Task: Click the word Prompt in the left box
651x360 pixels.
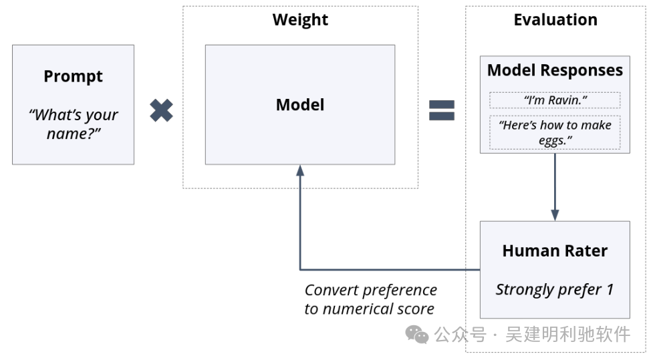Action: (x=73, y=77)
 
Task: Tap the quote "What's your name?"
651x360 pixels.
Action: (x=74, y=124)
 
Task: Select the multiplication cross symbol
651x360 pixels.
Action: (x=162, y=110)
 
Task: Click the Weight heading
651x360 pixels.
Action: (x=300, y=20)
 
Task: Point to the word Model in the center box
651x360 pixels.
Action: (x=300, y=104)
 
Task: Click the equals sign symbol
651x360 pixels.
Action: (x=442, y=110)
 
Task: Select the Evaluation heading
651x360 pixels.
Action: (x=555, y=20)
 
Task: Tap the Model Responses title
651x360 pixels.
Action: (x=555, y=70)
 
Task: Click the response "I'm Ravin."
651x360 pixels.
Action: (x=555, y=100)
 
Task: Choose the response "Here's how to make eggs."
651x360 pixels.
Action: (x=555, y=133)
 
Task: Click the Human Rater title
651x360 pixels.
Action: (x=555, y=251)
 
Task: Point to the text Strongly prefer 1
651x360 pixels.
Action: (x=555, y=289)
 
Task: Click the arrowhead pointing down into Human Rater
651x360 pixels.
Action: (x=555, y=215)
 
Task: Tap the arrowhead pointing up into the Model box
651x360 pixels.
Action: (x=300, y=170)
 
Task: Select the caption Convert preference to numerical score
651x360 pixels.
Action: (x=370, y=299)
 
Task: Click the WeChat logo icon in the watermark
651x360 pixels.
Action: (x=417, y=334)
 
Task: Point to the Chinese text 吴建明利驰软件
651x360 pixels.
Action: (x=567, y=334)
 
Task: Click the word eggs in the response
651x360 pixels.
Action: (x=552, y=141)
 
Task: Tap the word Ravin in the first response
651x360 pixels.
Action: (x=565, y=100)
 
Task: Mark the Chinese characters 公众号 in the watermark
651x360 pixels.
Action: (x=460, y=334)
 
